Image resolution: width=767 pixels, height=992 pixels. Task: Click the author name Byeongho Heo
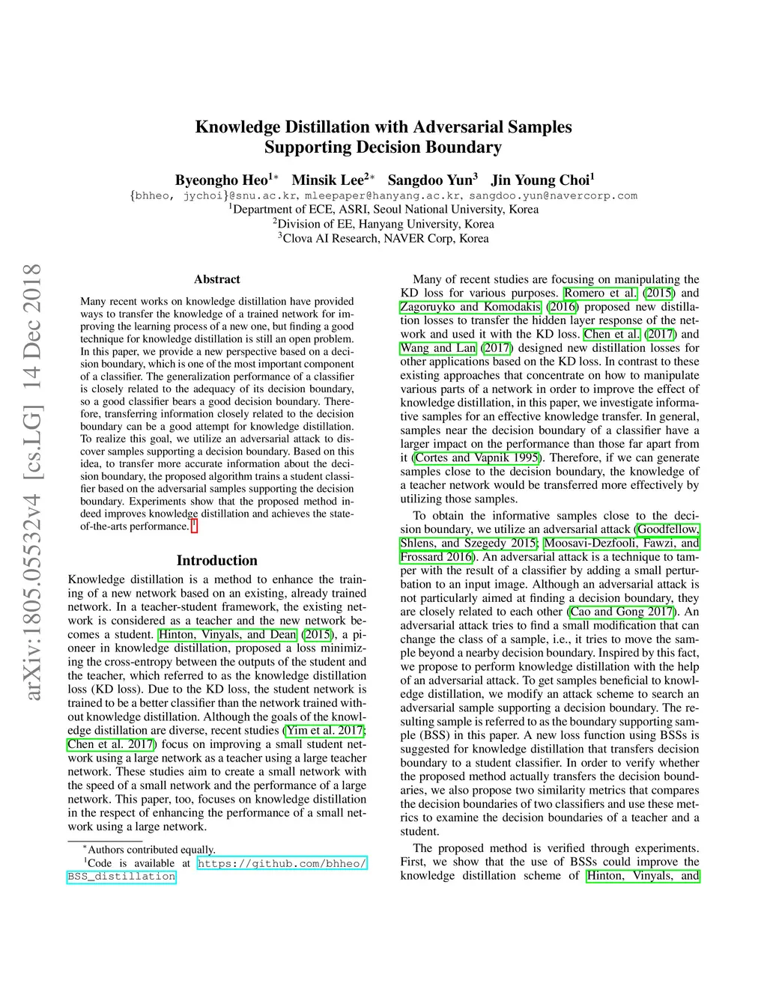222,180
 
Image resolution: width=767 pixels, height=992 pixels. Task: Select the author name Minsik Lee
327,180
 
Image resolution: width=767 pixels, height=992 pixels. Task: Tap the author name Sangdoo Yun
430,180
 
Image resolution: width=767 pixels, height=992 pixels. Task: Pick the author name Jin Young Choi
540,180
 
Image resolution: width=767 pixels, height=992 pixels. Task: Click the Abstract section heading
217,279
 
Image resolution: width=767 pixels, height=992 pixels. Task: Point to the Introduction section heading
217,561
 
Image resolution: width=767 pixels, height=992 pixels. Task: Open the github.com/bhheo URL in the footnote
282,863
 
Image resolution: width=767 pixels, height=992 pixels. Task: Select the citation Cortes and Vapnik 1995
477,457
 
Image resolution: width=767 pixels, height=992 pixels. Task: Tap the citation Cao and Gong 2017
621,612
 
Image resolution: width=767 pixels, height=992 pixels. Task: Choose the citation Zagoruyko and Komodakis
470,307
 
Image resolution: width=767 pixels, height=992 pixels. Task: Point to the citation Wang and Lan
438,348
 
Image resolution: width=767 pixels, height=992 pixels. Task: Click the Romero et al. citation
601,293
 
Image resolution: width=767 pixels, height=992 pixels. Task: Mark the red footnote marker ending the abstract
194,526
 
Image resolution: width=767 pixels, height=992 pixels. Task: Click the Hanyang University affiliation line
383,224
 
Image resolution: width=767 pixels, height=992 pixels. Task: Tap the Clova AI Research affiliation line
383,238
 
